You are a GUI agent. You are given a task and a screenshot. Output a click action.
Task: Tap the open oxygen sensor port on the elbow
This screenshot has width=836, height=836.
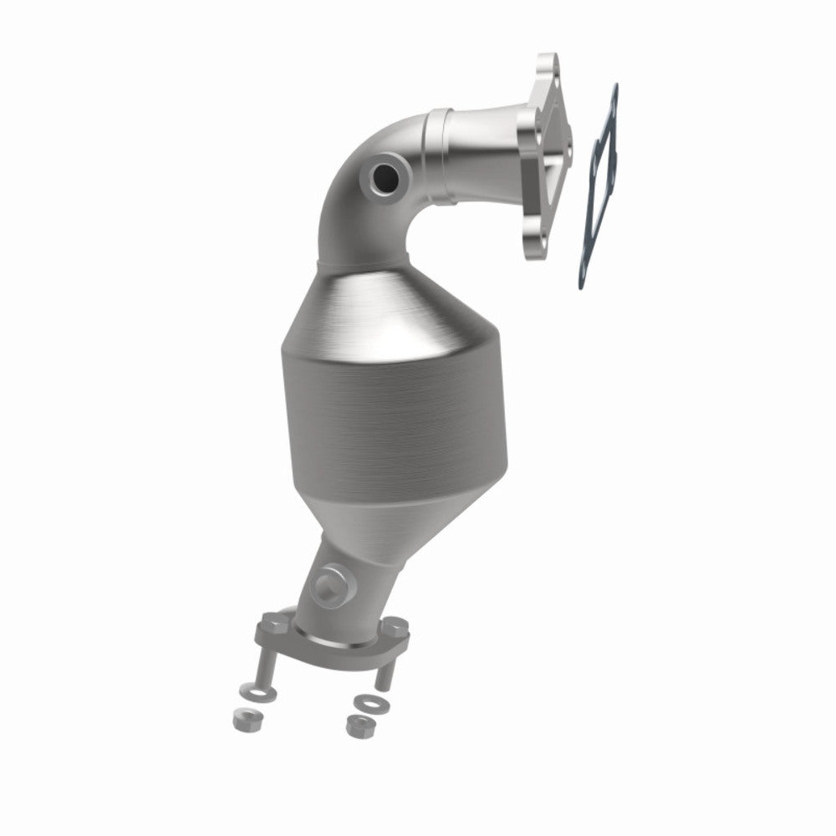[x=386, y=176]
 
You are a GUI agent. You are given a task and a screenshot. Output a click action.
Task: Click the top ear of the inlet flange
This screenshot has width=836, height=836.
[x=548, y=67]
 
